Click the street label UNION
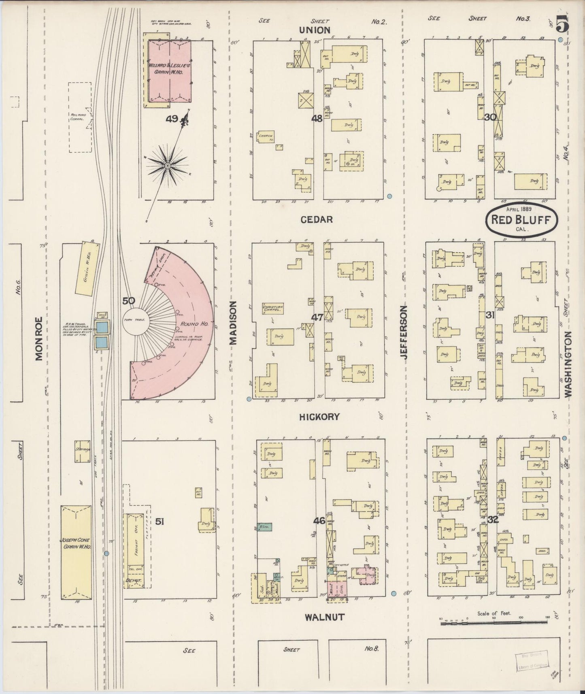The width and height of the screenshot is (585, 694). tap(315, 30)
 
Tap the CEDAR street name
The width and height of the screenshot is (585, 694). tap(317, 219)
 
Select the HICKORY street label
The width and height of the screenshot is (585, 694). tap(319, 417)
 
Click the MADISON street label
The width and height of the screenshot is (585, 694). tap(233, 322)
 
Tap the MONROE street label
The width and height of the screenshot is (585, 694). tap(39, 339)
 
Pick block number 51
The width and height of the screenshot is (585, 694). tap(160, 522)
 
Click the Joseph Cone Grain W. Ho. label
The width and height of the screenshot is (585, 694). tap(76, 543)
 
